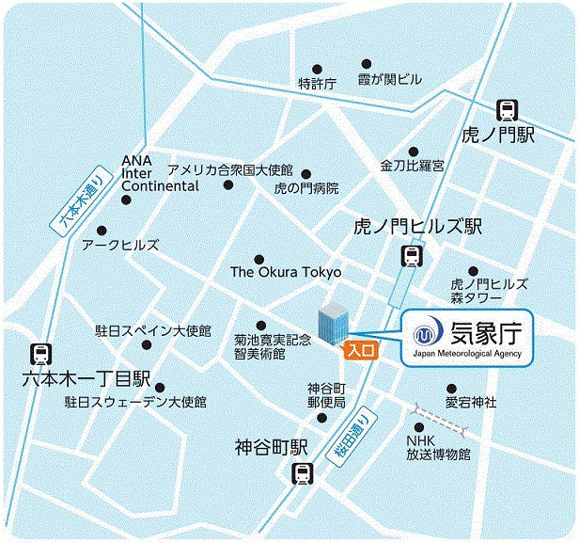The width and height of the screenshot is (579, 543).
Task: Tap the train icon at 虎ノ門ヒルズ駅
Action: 410,255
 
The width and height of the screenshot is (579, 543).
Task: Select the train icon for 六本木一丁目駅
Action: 41,354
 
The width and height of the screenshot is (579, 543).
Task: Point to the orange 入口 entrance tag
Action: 360,350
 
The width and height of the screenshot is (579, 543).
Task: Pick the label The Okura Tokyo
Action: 286,272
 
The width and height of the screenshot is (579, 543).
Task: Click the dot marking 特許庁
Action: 317,69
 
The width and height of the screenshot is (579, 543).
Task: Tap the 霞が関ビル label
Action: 390,80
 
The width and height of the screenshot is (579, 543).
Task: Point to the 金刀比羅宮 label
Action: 413,166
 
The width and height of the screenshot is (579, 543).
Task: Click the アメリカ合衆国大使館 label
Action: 230,171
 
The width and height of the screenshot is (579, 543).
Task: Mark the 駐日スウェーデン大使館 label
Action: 135,402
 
